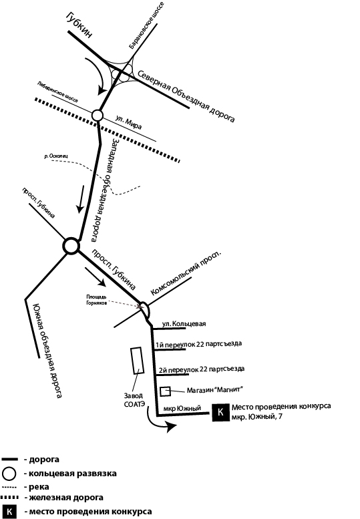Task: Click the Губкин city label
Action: click(x=79, y=25)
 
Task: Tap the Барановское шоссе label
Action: click(x=146, y=25)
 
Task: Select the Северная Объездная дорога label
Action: click(x=186, y=96)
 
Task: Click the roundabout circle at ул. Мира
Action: click(x=98, y=115)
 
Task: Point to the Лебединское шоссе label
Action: click(x=58, y=92)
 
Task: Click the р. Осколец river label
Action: click(x=56, y=156)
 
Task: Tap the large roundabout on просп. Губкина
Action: click(x=71, y=246)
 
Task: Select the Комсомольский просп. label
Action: click(x=186, y=273)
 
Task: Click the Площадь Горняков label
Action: click(x=97, y=299)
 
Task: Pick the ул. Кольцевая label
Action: click(x=184, y=324)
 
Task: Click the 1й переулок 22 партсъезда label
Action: click(x=198, y=344)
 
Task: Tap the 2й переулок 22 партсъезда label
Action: click(x=202, y=369)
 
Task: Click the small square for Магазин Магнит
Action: click(x=165, y=391)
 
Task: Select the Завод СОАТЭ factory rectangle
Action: click(x=137, y=361)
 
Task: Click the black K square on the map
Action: click(x=220, y=412)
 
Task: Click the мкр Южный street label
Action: click(x=182, y=409)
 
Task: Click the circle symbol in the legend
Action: click(x=9, y=474)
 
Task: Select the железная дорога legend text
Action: click(x=66, y=498)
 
